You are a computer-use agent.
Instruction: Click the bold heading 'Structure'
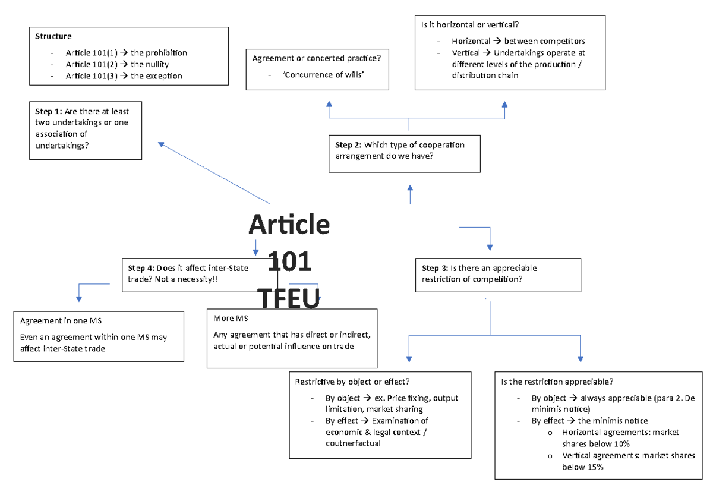[x=53, y=37]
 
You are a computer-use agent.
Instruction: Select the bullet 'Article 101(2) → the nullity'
[x=117, y=64]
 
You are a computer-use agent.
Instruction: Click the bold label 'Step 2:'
[x=348, y=145]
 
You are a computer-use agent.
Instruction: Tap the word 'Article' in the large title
[x=289, y=225]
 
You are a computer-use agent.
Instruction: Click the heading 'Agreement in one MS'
[x=61, y=321]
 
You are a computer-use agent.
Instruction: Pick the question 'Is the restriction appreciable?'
[x=557, y=382]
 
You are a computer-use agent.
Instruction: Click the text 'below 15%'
[x=582, y=467]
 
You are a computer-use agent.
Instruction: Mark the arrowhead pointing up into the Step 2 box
[x=409, y=187]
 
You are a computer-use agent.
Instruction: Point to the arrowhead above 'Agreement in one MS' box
[x=78, y=298]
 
